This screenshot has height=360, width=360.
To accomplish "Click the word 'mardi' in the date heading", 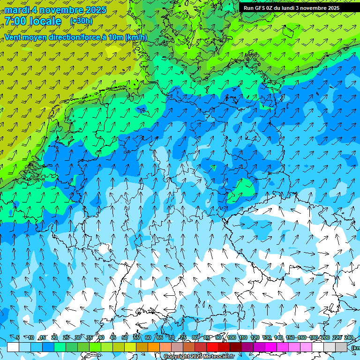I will (17, 9).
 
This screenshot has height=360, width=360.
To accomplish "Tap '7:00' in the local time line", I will (15, 21).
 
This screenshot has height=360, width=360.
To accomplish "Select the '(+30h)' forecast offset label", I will (81, 21).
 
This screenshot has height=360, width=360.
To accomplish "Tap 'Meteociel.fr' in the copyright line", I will (217, 357).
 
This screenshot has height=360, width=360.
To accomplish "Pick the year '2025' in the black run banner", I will (333, 8).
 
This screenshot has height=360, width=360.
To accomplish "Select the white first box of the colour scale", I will (13, 347).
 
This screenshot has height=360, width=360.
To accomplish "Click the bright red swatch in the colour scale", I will (212, 347).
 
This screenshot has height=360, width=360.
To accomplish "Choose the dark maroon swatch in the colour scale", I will (236, 347).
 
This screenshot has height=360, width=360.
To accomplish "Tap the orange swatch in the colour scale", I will (154, 347).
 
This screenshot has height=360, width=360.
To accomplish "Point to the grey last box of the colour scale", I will (341, 347).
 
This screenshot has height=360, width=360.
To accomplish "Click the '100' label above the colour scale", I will (231, 337).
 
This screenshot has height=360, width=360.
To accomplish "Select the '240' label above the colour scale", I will (348, 337).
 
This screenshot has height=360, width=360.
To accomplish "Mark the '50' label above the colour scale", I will (125, 337).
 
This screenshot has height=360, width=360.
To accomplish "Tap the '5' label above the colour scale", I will (18, 337).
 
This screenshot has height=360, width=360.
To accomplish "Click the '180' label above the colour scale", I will (313, 337).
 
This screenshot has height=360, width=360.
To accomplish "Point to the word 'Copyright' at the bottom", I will (176, 357).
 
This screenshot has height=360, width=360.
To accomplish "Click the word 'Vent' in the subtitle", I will (13, 37).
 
